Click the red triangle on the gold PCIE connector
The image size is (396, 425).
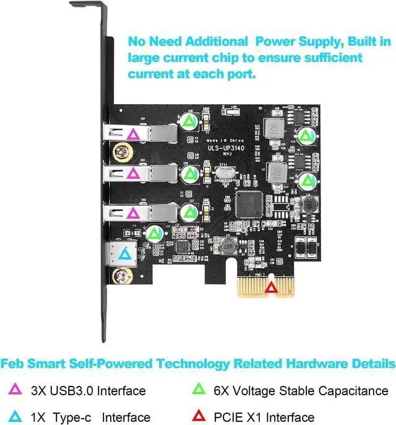pos(271,287)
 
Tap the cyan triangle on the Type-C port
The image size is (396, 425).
pos(125,253)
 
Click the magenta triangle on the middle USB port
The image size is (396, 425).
pos(131,174)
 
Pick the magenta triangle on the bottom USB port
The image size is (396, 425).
pos(131,214)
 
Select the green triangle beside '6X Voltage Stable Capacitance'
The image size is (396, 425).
pos(199,390)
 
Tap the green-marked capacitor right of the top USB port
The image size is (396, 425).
pos(190,120)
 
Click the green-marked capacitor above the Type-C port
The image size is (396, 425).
pos(154,234)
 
